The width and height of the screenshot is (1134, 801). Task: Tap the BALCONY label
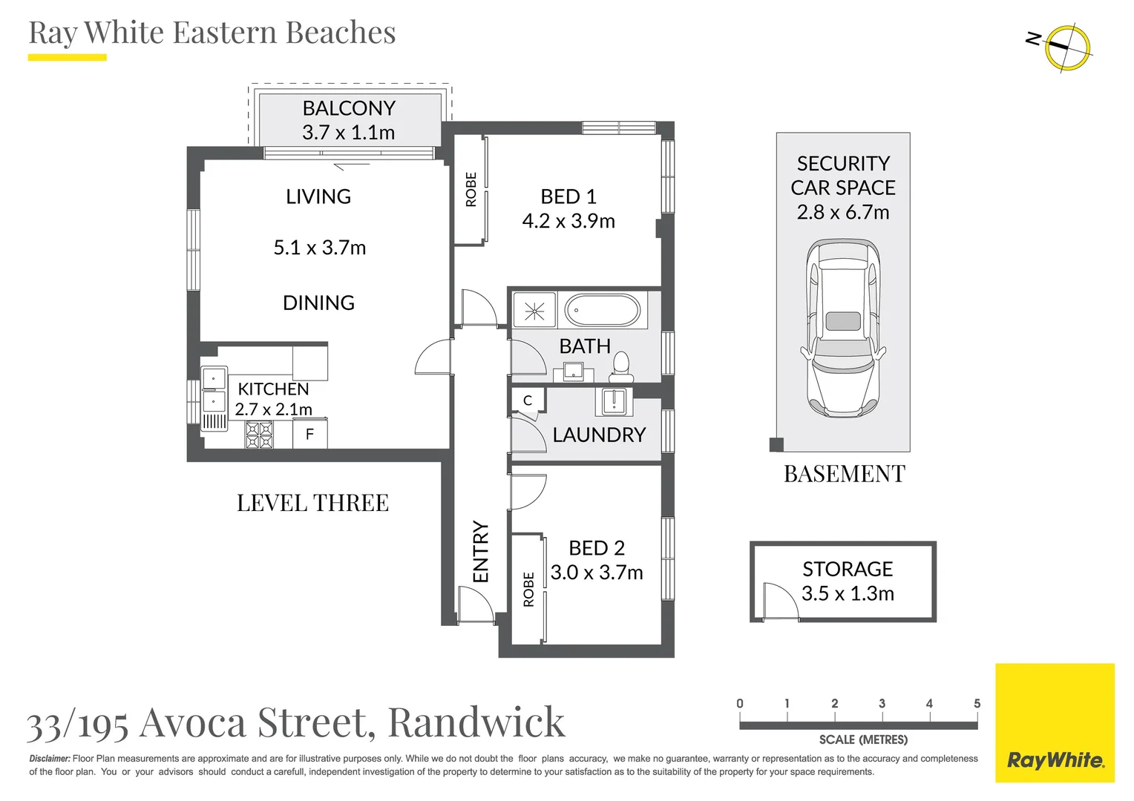pyautogui.click(x=349, y=108)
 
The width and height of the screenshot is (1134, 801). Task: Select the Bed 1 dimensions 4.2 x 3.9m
pyautogui.click(x=568, y=221)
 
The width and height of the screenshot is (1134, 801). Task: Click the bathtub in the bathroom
pyautogui.click(x=602, y=310)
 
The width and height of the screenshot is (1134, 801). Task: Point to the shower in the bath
pyautogui.click(x=534, y=310)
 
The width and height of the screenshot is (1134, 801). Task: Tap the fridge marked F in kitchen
pyautogui.click(x=310, y=434)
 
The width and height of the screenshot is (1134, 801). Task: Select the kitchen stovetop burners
pyautogui.click(x=260, y=435)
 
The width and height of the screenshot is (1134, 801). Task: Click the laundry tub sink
pyautogui.click(x=614, y=401)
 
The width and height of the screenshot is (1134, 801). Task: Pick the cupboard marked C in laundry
pyautogui.click(x=528, y=400)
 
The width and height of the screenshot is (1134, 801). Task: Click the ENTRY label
pyautogui.click(x=481, y=551)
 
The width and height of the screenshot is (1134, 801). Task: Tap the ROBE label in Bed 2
pyautogui.click(x=528, y=590)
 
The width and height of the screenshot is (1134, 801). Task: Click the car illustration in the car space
pyautogui.click(x=843, y=327)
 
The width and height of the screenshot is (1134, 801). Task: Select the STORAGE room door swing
pyautogui.click(x=779, y=601)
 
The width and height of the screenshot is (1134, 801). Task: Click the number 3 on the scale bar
pyautogui.click(x=882, y=703)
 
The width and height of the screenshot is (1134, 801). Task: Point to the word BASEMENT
pyautogui.click(x=845, y=474)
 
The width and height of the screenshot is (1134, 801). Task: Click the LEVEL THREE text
pyautogui.click(x=312, y=503)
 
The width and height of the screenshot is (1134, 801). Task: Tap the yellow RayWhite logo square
pyautogui.click(x=1055, y=723)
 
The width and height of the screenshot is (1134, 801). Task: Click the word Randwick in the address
pyautogui.click(x=476, y=722)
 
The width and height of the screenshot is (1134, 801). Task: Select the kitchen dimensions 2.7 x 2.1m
pyautogui.click(x=274, y=409)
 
